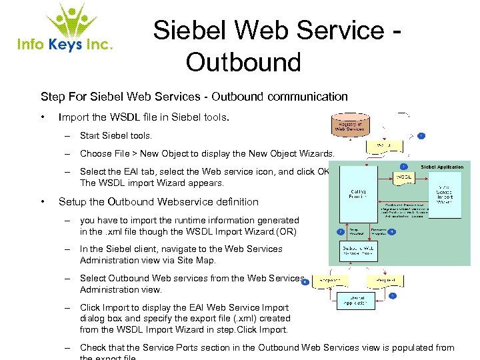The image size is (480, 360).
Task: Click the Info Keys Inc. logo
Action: [x=65, y=30]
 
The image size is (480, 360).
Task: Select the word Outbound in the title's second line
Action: [x=243, y=62]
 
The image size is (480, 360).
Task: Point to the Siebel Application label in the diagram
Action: [x=443, y=167]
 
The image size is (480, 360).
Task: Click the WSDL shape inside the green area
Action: [x=405, y=177]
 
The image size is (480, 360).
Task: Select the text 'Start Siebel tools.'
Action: [x=115, y=136]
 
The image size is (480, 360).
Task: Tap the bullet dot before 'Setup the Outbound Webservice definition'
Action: [x=43, y=201]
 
